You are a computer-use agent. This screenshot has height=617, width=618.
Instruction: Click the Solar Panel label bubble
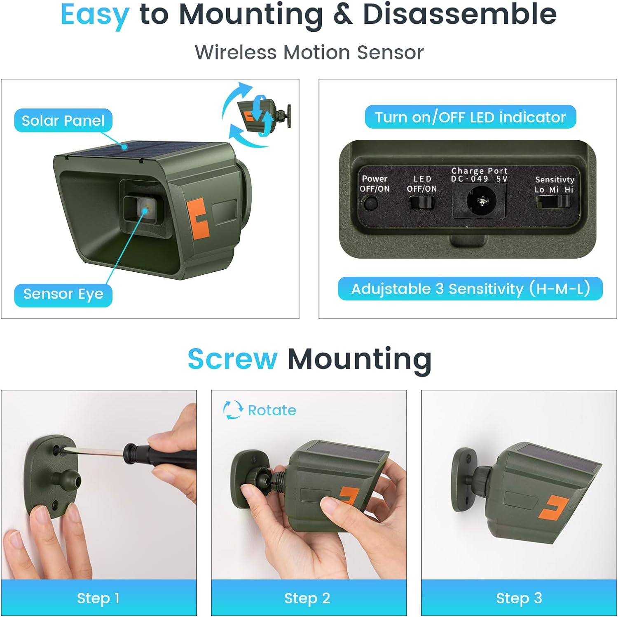(x=63, y=120)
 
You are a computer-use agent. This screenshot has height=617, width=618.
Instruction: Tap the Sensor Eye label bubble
(x=63, y=294)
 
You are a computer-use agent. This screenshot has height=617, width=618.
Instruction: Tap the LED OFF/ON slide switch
(x=421, y=203)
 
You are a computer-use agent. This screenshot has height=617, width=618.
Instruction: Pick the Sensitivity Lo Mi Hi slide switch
(x=553, y=202)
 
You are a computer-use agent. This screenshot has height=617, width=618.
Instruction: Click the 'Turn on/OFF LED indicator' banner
(x=471, y=117)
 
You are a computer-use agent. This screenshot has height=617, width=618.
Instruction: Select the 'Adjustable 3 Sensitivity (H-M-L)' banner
(x=470, y=289)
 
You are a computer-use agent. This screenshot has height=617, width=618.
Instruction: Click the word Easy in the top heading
(x=95, y=15)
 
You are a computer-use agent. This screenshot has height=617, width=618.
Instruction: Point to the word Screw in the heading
(x=233, y=359)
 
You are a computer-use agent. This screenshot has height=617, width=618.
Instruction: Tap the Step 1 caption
(x=98, y=598)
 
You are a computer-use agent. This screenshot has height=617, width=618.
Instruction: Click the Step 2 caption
(x=307, y=598)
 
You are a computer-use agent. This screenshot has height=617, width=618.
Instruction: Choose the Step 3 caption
(x=519, y=598)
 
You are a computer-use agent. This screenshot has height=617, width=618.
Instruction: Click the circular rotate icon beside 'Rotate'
(x=233, y=410)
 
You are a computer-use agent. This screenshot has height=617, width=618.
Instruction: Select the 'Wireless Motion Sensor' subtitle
(x=309, y=53)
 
